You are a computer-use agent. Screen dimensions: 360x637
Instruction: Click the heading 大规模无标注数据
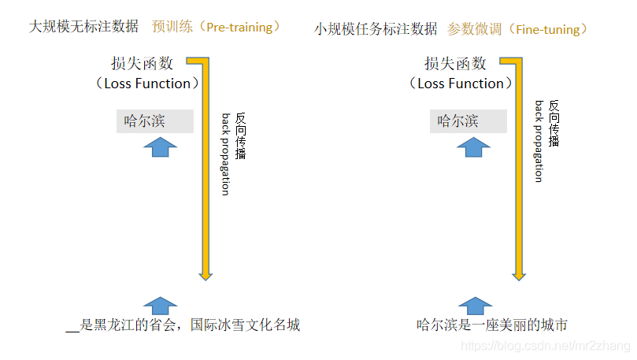click(x=86, y=27)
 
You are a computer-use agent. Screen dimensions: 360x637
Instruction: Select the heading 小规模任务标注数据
click(x=376, y=29)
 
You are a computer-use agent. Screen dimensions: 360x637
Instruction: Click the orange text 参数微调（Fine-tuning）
click(x=518, y=29)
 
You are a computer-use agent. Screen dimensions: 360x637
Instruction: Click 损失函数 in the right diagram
click(x=455, y=64)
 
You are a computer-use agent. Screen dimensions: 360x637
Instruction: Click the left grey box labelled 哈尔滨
click(x=155, y=121)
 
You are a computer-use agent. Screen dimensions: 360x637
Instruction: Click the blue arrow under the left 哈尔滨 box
click(x=163, y=147)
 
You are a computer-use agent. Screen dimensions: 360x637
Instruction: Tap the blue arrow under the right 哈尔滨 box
click(x=474, y=147)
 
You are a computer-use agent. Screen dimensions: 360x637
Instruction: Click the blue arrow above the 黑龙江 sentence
click(x=161, y=306)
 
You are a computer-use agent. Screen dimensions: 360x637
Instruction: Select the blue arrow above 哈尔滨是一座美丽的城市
click(x=474, y=306)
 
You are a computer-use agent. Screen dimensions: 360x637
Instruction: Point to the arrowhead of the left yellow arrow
click(x=206, y=273)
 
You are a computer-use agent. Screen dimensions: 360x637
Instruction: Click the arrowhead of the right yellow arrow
click(x=518, y=273)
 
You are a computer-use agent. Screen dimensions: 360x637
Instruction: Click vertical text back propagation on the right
click(x=539, y=142)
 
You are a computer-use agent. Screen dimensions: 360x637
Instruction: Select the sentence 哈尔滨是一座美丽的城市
click(x=491, y=325)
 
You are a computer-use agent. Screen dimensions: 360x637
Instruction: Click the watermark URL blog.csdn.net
click(x=543, y=346)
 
